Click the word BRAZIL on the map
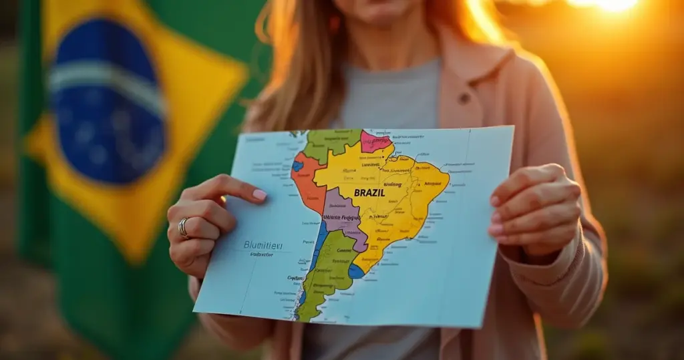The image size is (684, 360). pos(369,192)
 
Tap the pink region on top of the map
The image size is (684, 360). pos(375,141)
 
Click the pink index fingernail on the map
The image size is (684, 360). pos(259,194)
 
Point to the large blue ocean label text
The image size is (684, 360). pos(263,245)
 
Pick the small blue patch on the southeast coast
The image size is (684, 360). pos(357,271)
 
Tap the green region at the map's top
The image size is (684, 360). pos(331,142)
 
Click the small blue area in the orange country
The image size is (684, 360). pos(297,166)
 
